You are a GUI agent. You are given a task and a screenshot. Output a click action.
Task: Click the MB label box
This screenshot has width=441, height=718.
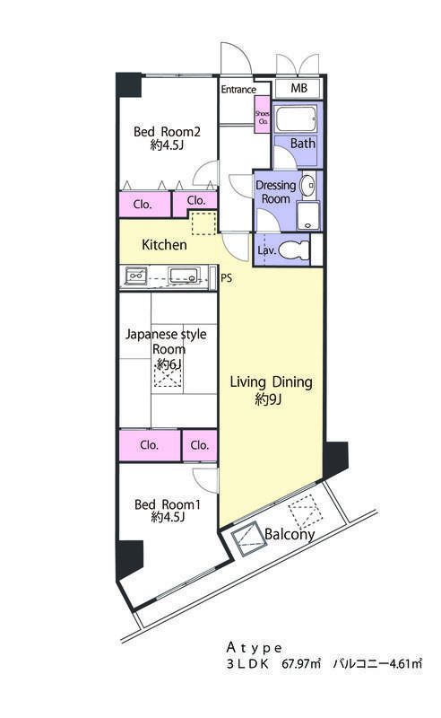[x=298, y=88]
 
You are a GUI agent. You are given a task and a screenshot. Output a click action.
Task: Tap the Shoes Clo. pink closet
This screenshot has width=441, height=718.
[x=263, y=115]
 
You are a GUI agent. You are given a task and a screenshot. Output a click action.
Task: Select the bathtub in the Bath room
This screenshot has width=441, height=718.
[x=297, y=119]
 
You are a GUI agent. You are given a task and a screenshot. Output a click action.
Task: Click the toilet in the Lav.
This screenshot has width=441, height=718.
[x=293, y=250]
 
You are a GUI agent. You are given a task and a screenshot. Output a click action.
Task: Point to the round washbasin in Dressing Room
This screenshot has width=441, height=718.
[x=307, y=185]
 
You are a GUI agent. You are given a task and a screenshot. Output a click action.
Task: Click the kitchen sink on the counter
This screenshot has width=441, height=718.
[x=184, y=276]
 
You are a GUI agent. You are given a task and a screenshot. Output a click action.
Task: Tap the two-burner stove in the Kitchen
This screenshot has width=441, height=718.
[x=137, y=276]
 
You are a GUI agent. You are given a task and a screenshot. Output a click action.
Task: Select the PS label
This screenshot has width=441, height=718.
[x=227, y=278]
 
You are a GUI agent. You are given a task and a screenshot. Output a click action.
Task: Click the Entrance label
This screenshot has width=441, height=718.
[x=238, y=90]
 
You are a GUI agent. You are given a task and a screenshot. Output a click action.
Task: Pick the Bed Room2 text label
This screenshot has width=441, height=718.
[x=167, y=132]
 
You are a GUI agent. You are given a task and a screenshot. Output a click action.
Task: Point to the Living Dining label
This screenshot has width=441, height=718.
[x=272, y=382]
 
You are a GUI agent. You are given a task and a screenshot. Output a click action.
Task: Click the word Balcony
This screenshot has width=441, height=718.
[x=290, y=534]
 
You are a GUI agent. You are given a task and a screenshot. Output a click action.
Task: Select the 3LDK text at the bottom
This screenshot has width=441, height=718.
[x=247, y=664]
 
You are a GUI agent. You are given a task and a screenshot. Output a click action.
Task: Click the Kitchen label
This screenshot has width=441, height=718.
[x=164, y=245]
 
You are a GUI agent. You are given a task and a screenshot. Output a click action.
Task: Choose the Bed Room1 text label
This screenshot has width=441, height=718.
[x=168, y=504]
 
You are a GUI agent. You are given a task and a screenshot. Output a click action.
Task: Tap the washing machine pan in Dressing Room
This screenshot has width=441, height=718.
[x=308, y=215]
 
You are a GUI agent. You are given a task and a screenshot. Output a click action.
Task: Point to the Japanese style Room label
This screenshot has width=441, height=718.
[x=167, y=342]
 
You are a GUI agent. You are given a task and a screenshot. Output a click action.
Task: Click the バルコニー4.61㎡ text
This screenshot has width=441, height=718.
[x=377, y=663]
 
